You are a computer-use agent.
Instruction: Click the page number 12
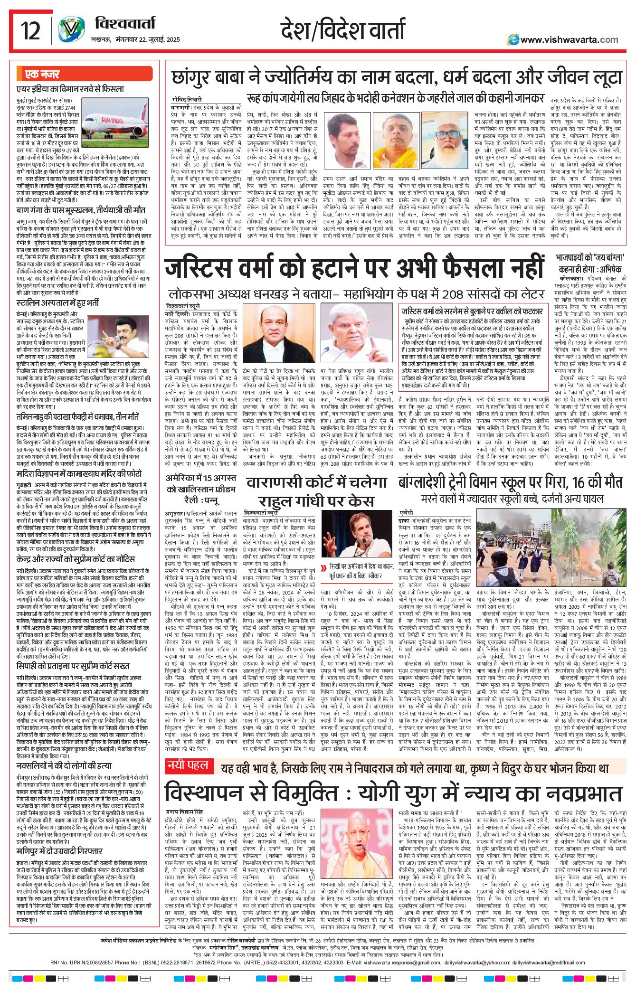click(30, 32)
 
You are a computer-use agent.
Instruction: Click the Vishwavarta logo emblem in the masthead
click(71, 31)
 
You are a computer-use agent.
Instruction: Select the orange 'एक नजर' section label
click(43, 75)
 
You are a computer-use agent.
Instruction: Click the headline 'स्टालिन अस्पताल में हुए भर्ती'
click(58, 302)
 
